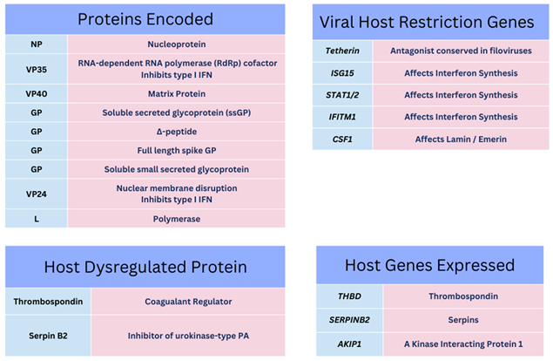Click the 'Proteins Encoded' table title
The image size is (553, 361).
click(x=145, y=19)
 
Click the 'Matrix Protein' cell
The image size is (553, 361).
click(x=176, y=92)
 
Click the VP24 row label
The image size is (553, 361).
click(x=36, y=193)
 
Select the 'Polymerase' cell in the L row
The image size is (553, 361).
click(x=176, y=218)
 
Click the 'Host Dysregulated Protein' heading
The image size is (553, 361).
click(x=145, y=267)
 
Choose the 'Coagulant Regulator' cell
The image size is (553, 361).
click(x=187, y=302)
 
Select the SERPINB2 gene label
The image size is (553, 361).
click(x=349, y=320)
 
